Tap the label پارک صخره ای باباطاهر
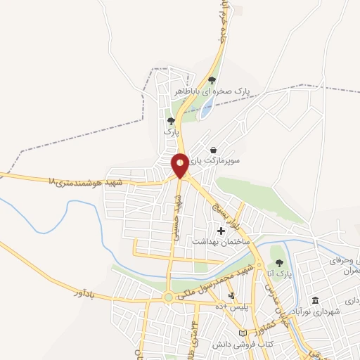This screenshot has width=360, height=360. coord(212,91)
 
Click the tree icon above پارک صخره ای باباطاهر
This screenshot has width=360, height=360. coord(212,80)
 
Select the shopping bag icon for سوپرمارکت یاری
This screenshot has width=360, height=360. coord(213,150)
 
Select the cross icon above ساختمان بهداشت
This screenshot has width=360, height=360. coord(221,231)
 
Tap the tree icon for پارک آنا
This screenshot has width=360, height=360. coord(279,262)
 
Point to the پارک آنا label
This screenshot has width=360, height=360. coord(279,273)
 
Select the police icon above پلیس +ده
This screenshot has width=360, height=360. coord(231,295)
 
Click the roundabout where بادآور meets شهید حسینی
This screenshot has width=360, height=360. coord(169,297)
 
